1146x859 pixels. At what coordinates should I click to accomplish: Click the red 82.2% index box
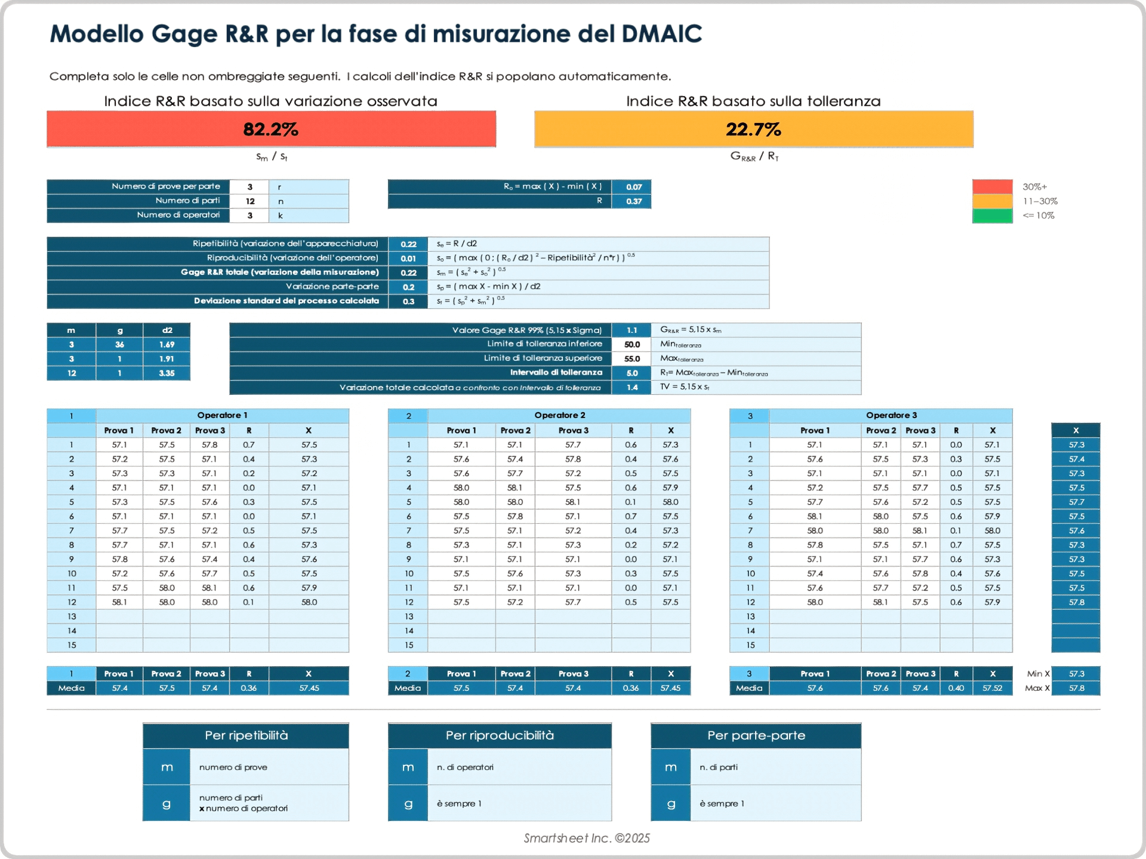(271, 129)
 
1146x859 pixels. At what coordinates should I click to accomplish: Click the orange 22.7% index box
(753, 129)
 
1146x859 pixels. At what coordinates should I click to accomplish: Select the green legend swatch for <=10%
(992, 216)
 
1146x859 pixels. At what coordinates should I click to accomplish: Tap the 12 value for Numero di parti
(250, 201)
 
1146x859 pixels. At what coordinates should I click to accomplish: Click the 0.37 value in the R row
(633, 201)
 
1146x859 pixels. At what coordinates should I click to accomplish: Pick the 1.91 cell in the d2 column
(167, 359)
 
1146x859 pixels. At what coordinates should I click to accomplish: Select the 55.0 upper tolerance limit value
(631, 359)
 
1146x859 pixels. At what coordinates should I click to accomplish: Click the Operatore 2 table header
(559, 415)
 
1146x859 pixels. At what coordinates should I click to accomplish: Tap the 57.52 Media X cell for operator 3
(992, 688)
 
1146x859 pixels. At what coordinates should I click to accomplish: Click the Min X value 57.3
(1076, 673)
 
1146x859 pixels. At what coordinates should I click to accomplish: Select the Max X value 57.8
(1076, 688)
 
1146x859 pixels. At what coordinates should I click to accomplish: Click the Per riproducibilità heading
(500, 736)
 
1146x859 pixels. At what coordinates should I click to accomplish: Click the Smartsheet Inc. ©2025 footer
(587, 838)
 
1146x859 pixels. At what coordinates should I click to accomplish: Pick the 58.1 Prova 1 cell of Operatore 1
(119, 602)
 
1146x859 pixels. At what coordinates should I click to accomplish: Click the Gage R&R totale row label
(279, 272)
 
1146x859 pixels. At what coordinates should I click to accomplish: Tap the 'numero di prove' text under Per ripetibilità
(233, 767)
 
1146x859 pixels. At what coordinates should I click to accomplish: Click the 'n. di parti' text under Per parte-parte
(719, 767)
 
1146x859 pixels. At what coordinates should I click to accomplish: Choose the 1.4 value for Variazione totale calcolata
(631, 388)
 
